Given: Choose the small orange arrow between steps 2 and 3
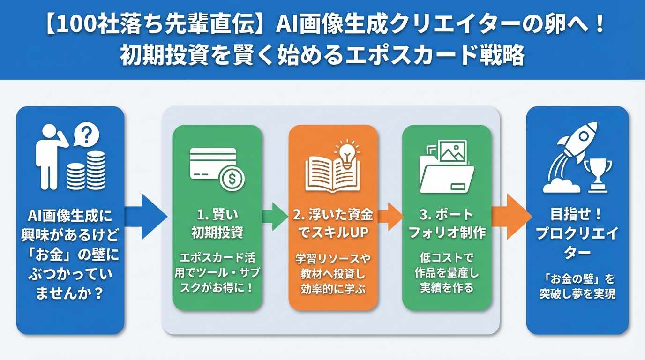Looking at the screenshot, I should click(x=390, y=216).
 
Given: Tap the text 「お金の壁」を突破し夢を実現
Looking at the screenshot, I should click(x=577, y=286).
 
